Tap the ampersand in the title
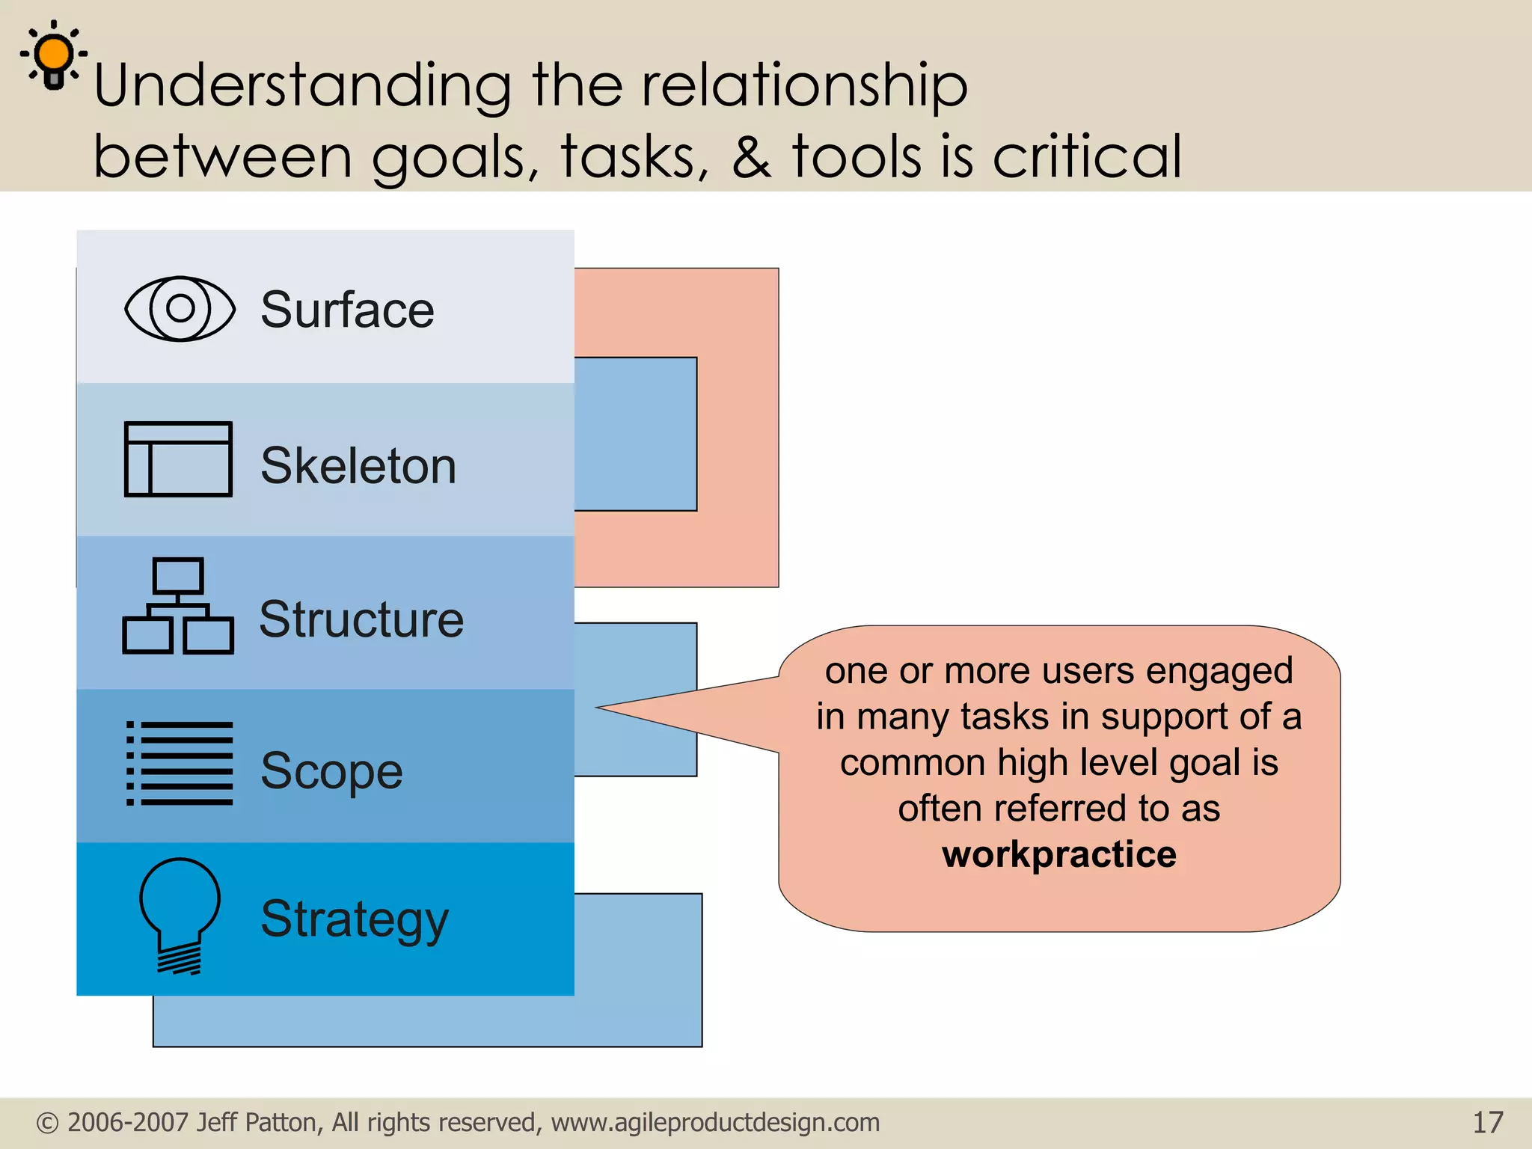pos(751,156)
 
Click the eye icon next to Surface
pos(180,308)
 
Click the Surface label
pos(347,310)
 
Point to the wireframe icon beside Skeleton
pos(178,459)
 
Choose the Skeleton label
pos(358,465)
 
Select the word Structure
pos(361,619)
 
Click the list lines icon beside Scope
pos(180,763)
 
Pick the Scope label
pos(331,771)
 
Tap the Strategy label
pos(355,919)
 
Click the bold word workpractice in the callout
pos(1058,854)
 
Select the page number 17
pos(1487,1122)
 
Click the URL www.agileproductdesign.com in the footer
pos(715,1122)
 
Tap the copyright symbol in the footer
pos(47,1123)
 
